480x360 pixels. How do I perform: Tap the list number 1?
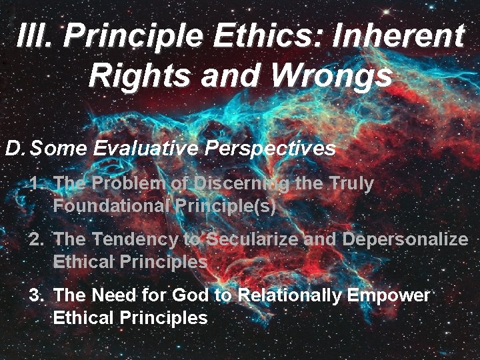pos(37,183)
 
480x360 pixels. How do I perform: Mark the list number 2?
pos(37,239)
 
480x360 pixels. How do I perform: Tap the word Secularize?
pos(253,239)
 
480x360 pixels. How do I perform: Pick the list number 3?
pos(37,295)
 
